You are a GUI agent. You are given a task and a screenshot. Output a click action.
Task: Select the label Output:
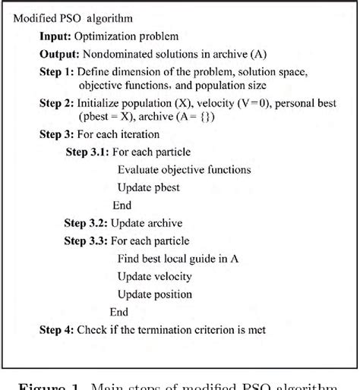[58, 54]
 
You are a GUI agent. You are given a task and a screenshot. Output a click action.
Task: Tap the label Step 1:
[57, 71]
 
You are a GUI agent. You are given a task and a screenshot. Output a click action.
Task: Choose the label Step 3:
[57, 135]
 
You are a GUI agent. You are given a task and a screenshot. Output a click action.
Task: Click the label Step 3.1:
[90, 153]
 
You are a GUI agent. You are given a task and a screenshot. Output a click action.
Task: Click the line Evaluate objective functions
[184, 170]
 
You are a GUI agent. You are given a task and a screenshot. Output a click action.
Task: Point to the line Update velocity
[154, 276]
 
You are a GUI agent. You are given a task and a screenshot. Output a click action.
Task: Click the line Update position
[154, 294]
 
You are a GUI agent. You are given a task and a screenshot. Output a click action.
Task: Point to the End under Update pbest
[122, 205]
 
